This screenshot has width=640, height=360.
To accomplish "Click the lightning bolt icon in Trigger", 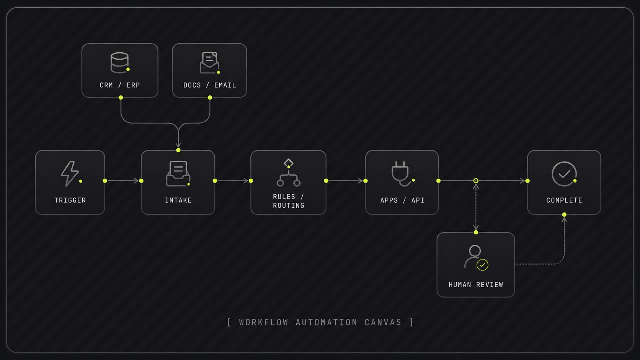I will click(x=70, y=173).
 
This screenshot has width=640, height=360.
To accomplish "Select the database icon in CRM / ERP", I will click(x=119, y=62).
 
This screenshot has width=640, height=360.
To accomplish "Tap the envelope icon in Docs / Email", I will click(x=209, y=63).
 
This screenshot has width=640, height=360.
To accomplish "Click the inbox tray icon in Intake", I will click(x=178, y=174).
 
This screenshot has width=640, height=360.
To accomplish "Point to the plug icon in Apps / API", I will click(x=401, y=173).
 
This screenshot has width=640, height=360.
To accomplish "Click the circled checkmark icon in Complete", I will click(x=564, y=174).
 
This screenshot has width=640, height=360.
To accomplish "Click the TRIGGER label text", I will click(x=70, y=200).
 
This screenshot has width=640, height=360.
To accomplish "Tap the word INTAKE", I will click(x=178, y=200).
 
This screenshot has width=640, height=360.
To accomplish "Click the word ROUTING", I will click(x=288, y=205).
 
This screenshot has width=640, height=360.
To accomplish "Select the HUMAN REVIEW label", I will click(x=476, y=285).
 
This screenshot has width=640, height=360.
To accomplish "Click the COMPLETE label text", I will click(x=564, y=200).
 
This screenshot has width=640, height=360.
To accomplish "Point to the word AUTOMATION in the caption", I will click(x=327, y=322).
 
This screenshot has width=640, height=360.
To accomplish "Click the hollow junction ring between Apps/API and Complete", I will click(x=476, y=181).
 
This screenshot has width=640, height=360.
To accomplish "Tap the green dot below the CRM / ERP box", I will click(x=121, y=98).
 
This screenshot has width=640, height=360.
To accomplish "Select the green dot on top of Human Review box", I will click(x=476, y=232).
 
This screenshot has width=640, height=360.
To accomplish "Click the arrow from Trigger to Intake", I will click(x=123, y=181).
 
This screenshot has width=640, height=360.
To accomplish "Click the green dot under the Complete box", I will click(x=564, y=215).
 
